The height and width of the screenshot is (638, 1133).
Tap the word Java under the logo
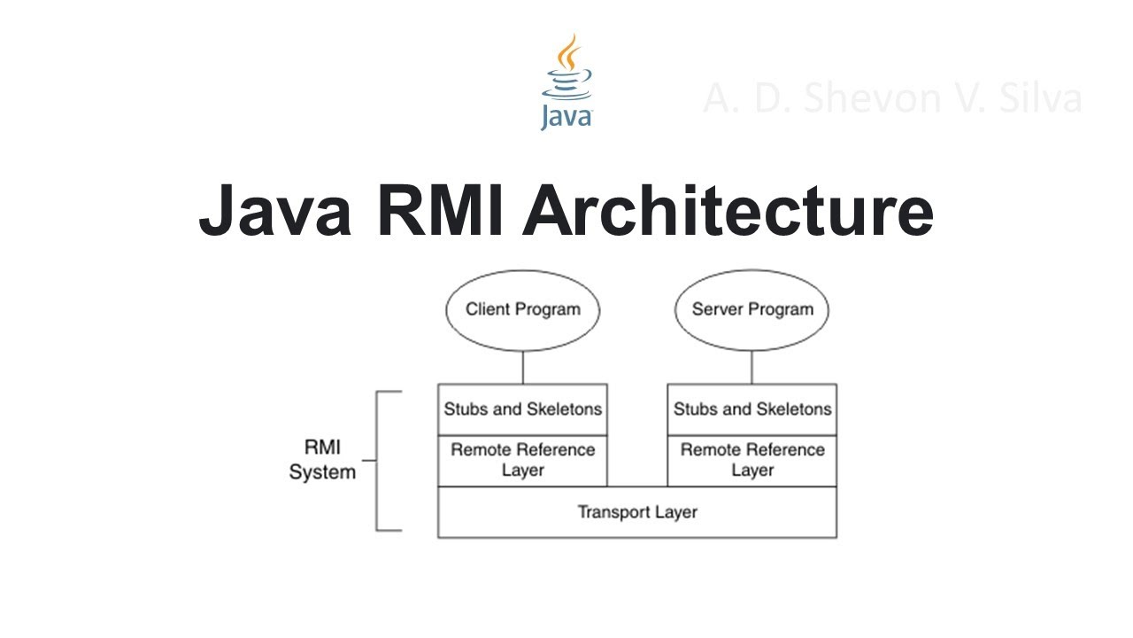coord(566,116)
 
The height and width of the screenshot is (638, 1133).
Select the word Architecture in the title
coord(728,211)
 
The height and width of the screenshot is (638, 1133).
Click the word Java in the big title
coord(277,211)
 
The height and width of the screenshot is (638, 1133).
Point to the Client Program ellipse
coord(522,310)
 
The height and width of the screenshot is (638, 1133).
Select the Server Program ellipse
coord(751,310)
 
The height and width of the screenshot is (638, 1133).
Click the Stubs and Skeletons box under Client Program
coord(522,408)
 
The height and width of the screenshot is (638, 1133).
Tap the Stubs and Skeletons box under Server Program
coord(751,408)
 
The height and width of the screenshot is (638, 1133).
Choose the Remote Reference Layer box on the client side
coord(522,460)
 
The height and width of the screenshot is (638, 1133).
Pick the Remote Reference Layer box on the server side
coord(751,460)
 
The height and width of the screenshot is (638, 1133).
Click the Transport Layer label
coord(637,512)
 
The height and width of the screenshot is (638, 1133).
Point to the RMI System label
coord(322,460)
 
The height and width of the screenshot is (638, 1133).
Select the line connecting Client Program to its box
coord(522,367)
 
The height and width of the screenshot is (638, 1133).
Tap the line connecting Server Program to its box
coord(751,367)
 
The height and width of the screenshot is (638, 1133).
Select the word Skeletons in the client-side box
coord(564,408)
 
